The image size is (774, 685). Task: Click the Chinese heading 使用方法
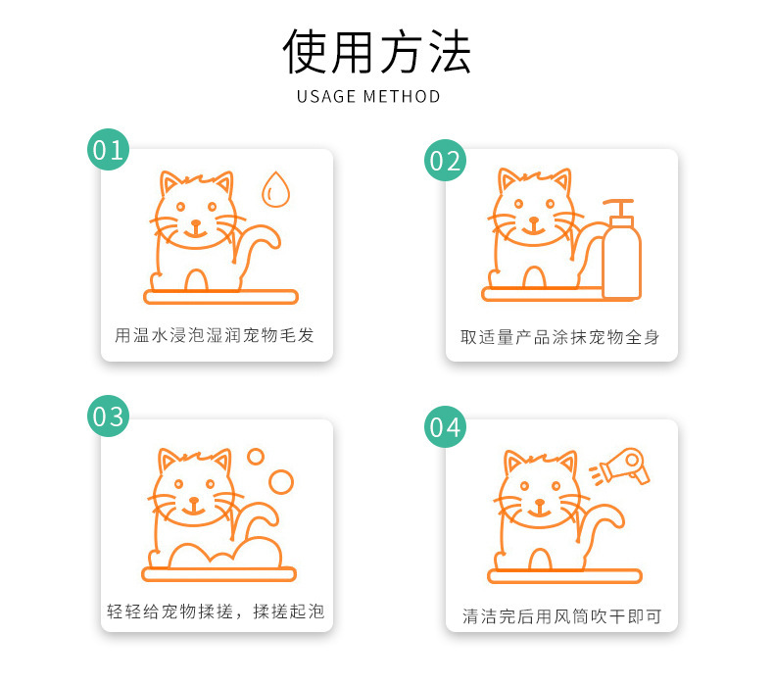[377, 52]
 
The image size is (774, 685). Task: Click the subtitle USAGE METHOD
[368, 96]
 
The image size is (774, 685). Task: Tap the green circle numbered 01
[108, 149]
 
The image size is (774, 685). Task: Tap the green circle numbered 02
[445, 161]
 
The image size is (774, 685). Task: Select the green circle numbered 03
[108, 416]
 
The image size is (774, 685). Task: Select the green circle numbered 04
[445, 426]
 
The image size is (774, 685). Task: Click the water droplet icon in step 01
[276, 190]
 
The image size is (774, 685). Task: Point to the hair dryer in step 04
[627, 465]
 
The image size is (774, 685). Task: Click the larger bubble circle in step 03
[281, 481]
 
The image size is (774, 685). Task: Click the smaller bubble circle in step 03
[256, 456]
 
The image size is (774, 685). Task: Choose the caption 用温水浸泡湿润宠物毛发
[215, 335]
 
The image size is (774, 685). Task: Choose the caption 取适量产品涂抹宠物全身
[559, 336]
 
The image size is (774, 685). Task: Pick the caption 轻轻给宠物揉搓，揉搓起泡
[215, 612]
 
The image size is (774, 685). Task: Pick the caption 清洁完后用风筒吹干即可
[561, 616]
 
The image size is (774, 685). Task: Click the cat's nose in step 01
[195, 221]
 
